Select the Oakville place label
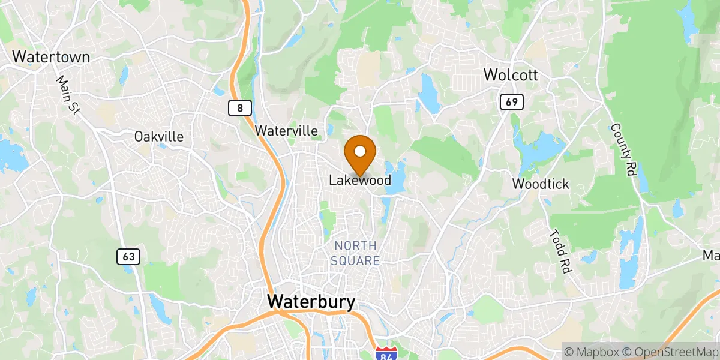(x=159, y=137)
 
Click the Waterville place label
(x=294, y=130)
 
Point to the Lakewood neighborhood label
(x=360, y=180)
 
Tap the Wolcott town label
(x=510, y=76)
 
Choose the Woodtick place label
(x=541, y=184)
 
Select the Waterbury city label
(x=311, y=302)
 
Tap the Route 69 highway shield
(x=511, y=102)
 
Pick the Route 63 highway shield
(x=129, y=257)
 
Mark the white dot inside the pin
(x=361, y=151)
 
